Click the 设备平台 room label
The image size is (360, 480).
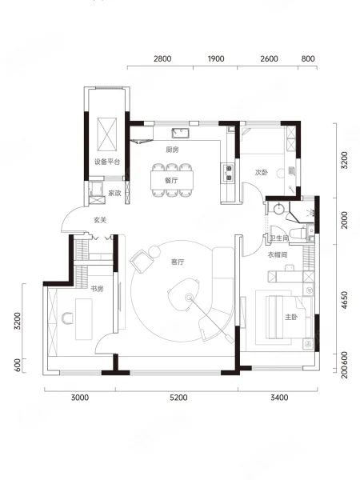pos(107,162)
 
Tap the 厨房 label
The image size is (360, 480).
pos(172,150)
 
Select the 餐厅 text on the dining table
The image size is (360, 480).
pos(171,180)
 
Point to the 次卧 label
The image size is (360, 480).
pos(262,173)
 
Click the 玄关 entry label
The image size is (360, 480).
pos(100,220)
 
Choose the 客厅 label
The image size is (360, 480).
pos(178,262)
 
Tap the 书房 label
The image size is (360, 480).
pos(97,289)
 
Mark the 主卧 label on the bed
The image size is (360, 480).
pos(291,317)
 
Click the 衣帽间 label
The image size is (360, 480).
pos(278,254)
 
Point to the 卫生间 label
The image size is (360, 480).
pos(279,238)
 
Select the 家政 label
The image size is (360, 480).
pos(114,193)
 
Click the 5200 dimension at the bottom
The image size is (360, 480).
pos(178,398)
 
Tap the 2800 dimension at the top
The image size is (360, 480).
pos(162,58)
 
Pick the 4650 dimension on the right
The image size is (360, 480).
pos(344,300)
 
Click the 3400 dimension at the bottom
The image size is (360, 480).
pos(279,398)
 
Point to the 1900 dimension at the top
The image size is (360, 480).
pos(216,58)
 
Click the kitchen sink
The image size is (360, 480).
pos(180,134)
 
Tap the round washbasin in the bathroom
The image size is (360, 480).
pos(279,209)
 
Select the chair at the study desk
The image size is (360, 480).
pos(67,318)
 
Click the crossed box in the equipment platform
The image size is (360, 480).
pos(107,134)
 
